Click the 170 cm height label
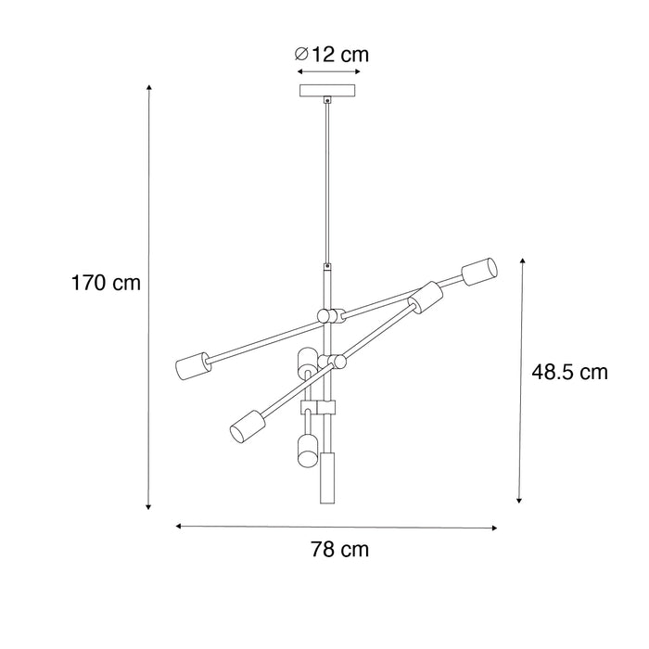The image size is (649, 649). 106,283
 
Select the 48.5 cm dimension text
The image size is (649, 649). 570,373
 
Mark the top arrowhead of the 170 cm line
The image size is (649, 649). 148,87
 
